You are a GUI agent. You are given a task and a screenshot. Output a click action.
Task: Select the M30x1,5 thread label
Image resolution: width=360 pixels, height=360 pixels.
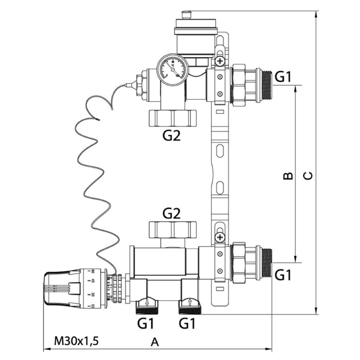pyautogui.click(x=76, y=340)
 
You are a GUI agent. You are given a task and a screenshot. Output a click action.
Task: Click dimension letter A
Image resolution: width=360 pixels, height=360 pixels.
pyautogui.click(x=154, y=342)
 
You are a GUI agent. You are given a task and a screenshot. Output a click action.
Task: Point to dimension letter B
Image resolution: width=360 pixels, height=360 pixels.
pyautogui.click(x=287, y=175)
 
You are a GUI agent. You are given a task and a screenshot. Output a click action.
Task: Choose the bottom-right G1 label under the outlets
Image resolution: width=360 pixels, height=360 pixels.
pyautogui.click(x=187, y=324)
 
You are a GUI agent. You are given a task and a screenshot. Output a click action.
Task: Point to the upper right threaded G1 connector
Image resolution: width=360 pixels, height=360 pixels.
pyautogui.click(x=266, y=86)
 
